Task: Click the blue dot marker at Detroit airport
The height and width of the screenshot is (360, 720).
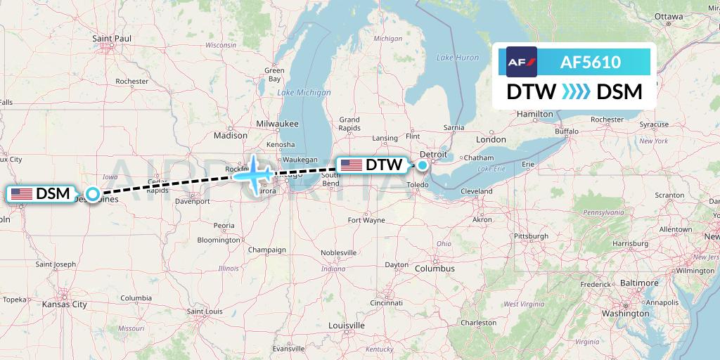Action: pyautogui.click(x=422, y=166)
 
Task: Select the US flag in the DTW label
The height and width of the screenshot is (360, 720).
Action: pyautogui.click(x=351, y=165)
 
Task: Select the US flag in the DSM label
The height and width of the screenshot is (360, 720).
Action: pyautogui.click(x=22, y=193)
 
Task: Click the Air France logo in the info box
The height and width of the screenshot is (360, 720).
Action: pyautogui.click(x=522, y=62)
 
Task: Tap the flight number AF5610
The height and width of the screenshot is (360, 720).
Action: pyautogui.click(x=590, y=63)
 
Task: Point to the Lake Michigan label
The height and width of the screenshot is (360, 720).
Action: pyautogui.click(x=304, y=93)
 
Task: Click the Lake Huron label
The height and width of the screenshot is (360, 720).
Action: pyautogui.click(x=457, y=58)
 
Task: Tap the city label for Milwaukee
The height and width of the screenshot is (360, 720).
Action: pyautogui.click(x=278, y=123)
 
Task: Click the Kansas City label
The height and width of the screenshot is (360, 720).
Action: pyautogui.click(x=64, y=304)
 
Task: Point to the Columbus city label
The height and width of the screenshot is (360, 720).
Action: pyautogui.click(x=434, y=269)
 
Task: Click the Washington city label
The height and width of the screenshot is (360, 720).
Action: pyautogui.click(x=625, y=313)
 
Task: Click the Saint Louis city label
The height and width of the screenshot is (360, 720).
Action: pyautogui.click(x=205, y=311)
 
